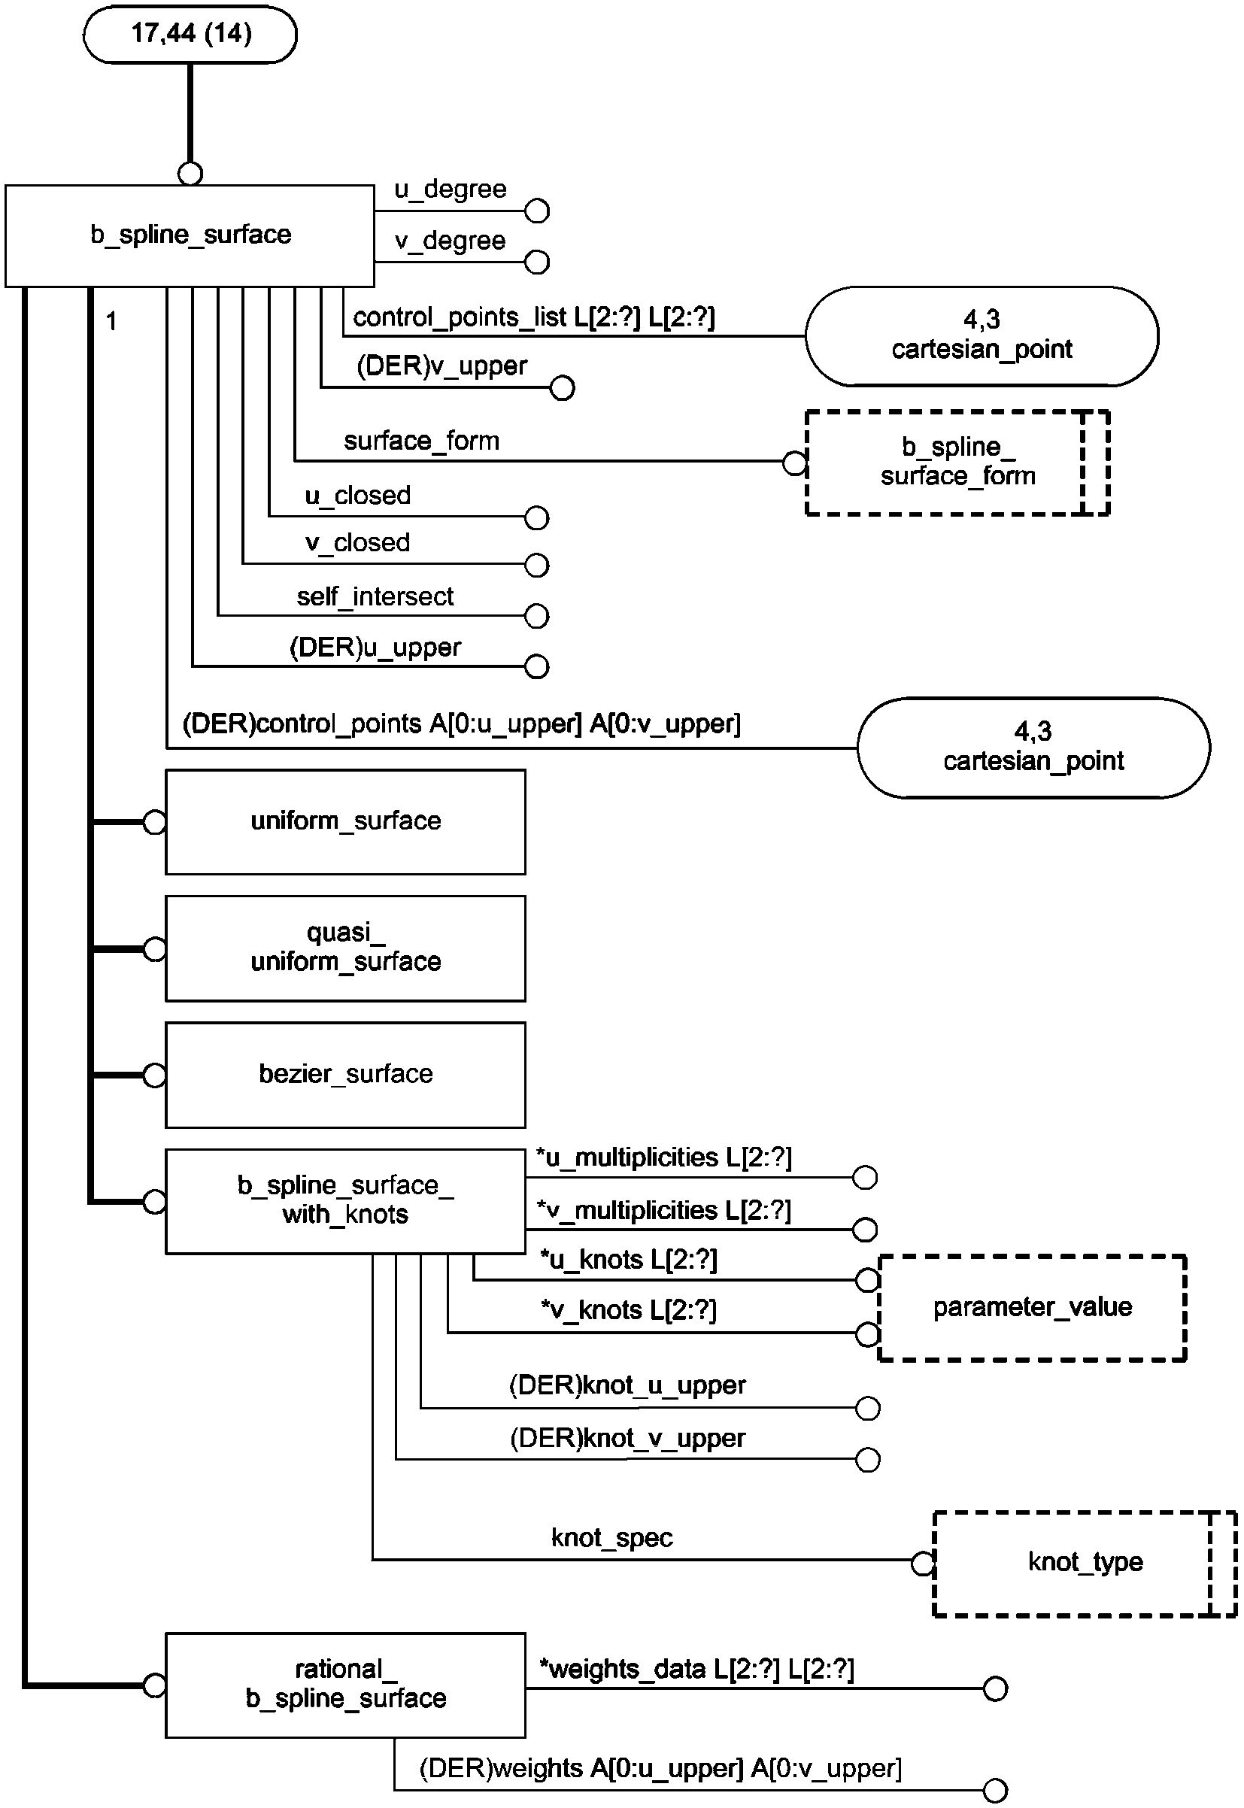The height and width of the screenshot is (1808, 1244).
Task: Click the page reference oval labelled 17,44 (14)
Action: click(x=190, y=35)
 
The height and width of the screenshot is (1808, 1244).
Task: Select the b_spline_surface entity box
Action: click(x=190, y=235)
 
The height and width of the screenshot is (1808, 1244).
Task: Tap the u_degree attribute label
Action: click(x=450, y=190)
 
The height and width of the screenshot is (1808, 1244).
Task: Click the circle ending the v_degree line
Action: click(x=537, y=262)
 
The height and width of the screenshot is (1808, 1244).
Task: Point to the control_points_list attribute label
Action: click(x=534, y=317)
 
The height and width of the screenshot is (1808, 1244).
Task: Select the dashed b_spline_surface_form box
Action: click(x=957, y=462)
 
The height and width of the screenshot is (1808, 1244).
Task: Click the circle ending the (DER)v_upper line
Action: click(x=562, y=388)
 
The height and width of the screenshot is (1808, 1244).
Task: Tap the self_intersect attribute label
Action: click(x=375, y=597)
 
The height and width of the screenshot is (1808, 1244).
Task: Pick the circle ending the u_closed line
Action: click(x=536, y=518)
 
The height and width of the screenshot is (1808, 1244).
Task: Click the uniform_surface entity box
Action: click(x=345, y=822)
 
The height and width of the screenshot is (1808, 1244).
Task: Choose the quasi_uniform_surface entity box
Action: click(x=345, y=948)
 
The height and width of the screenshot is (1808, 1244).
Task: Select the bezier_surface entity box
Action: click(x=345, y=1075)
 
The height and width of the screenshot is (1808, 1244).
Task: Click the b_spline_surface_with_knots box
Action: click(x=345, y=1201)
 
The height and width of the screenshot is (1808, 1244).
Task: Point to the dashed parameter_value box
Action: click(x=1032, y=1308)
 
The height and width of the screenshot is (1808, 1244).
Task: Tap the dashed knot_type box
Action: click(x=1085, y=1563)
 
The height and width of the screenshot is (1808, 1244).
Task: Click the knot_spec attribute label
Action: click(x=612, y=1537)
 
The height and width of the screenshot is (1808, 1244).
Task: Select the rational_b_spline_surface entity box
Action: click(x=345, y=1685)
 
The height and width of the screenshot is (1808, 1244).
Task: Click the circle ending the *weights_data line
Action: click(x=995, y=1688)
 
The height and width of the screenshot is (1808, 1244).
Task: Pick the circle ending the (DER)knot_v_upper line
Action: click(x=867, y=1460)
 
